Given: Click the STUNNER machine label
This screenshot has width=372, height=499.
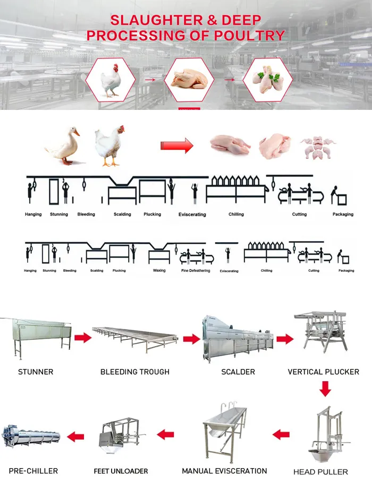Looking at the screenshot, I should (36, 372).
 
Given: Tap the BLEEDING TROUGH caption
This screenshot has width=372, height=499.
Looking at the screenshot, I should (135, 372).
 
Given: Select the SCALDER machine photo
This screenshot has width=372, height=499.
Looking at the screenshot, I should (238, 338).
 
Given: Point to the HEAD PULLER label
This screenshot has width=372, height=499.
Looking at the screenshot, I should (321, 471).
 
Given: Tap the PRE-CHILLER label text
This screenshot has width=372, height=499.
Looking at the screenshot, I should (33, 471).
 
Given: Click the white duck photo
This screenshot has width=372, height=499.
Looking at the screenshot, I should (64, 145).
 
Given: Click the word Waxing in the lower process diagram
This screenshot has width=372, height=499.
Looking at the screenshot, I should (159, 270).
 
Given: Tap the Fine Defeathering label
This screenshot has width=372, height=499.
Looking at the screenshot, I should (196, 270).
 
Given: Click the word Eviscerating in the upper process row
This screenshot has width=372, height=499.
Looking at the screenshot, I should (192, 214).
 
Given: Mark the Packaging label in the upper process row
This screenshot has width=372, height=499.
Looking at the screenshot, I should (342, 214).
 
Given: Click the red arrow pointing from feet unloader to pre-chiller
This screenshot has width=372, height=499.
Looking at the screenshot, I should (75, 436).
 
